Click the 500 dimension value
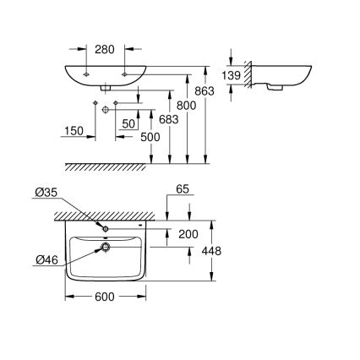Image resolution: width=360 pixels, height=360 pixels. coord(150,137)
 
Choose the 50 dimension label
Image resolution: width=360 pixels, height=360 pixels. coord(128,124)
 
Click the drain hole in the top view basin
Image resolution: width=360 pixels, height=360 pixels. coord(105,248)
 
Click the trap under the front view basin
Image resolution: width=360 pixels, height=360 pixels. coord(104,88)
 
